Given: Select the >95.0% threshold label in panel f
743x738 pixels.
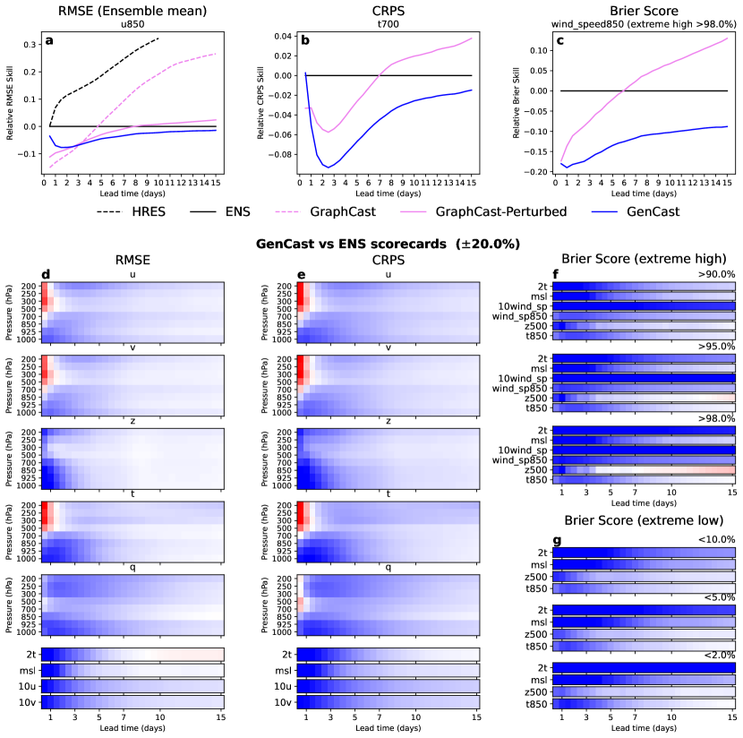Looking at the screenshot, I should pos(719,346).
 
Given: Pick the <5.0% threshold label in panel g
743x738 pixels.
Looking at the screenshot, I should pos(720,596).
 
